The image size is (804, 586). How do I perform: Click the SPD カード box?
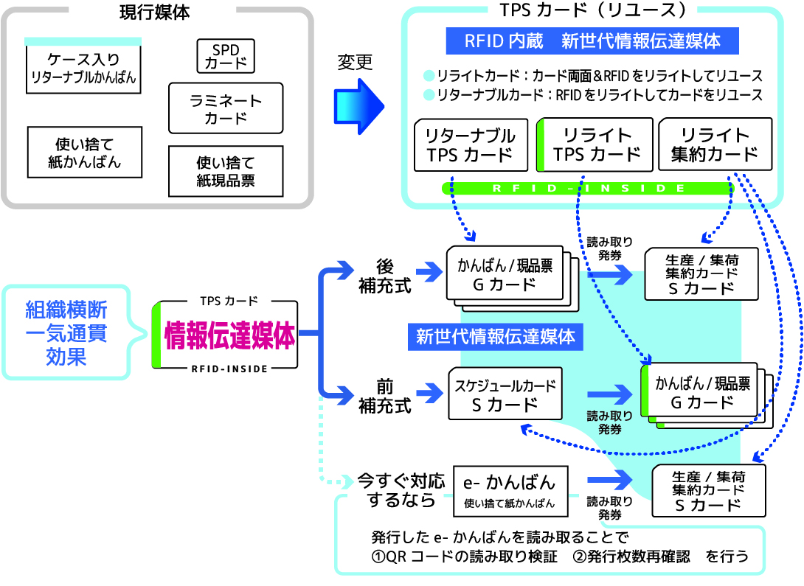click(x=225, y=56)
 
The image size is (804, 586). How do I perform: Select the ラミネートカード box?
click(x=225, y=108)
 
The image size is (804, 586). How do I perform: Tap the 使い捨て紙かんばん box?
click(x=83, y=153)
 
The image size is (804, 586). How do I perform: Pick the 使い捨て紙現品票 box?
click(x=225, y=171)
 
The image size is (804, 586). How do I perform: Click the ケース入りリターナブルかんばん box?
click(x=83, y=68)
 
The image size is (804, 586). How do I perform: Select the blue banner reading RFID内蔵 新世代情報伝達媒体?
click(x=592, y=41)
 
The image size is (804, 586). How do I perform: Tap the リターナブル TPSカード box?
click(x=471, y=144)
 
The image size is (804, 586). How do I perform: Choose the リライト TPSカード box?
click(x=596, y=144)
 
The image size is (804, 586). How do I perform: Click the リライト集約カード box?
click(x=715, y=144)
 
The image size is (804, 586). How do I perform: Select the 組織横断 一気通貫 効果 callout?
click(x=66, y=332)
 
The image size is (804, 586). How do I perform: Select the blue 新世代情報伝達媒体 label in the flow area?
click(x=495, y=337)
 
